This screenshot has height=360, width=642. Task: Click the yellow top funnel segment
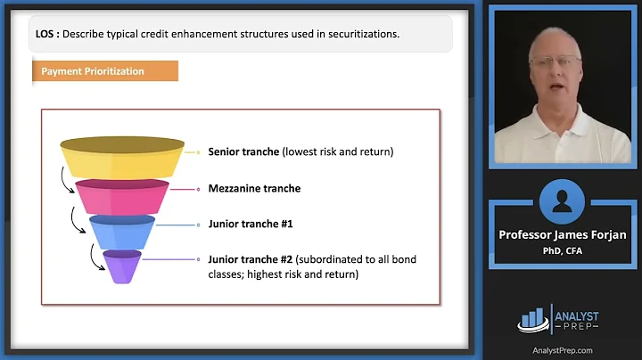pos(122,158)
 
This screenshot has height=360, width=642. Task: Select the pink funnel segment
pos(122,195)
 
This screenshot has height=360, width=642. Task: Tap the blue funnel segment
pos(122,231)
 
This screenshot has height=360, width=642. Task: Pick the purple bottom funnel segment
pos(122,266)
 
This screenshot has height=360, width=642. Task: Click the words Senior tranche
pos(243,151)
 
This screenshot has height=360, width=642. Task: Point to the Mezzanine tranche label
pos(254,188)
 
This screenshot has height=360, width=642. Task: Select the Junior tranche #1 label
pos(250,224)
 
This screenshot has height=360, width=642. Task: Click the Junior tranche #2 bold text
pos(250,259)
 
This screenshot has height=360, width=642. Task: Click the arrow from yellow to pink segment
pos(65,182)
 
